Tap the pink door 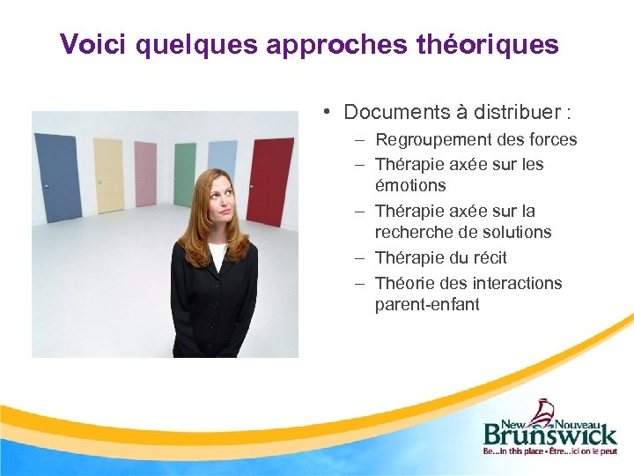tap(145, 173)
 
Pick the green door tap(185, 174)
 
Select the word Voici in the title tap(92, 44)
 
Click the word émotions tap(410, 185)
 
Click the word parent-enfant tap(427, 304)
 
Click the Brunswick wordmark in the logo tap(549, 434)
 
